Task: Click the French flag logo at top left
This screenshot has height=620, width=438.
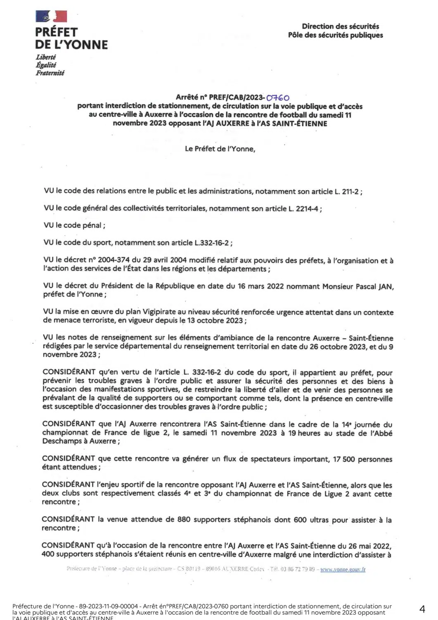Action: [51, 17]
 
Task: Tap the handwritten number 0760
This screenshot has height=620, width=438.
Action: [278, 98]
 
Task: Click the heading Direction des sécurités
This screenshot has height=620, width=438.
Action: [340, 26]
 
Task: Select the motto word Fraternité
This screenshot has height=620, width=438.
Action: [50, 73]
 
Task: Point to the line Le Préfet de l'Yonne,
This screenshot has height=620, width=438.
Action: [220, 149]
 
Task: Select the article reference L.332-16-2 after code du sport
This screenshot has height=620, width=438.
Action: [211, 243]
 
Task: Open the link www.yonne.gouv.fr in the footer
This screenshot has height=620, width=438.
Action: [343, 569]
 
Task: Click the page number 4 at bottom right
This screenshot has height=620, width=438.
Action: [422, 609]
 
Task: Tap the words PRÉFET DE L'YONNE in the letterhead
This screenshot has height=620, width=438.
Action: [71, 38]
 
